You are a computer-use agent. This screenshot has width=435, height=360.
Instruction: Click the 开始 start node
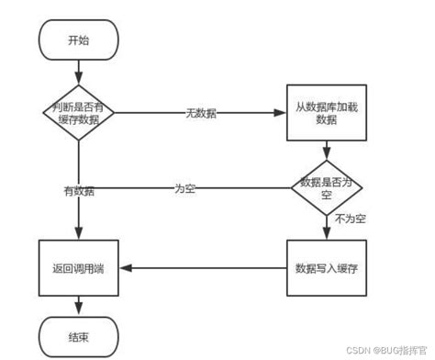[x=79, y=40]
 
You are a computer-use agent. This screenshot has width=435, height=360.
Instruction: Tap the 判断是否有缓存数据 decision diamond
[x=79, y=112]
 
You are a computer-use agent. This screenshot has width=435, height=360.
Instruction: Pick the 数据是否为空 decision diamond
[x=327, y=188]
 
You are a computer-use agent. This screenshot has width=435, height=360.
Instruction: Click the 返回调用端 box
[x=79, y=267]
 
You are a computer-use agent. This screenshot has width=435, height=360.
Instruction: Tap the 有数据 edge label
[x=79, y=190]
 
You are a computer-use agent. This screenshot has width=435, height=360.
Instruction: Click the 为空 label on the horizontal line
[x=185, y=188]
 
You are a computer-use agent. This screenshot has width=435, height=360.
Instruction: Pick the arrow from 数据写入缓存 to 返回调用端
[x=203, y=267]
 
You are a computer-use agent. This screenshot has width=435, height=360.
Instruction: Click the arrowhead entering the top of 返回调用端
[x=79, y=235]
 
